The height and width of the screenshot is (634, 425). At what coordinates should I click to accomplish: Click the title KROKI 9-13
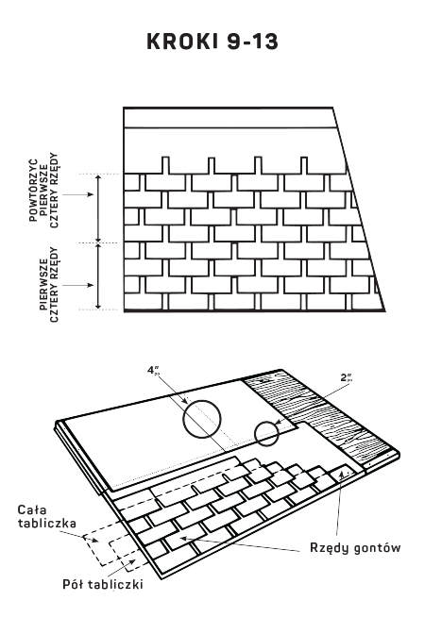pyautogui.click(x=212, y=42)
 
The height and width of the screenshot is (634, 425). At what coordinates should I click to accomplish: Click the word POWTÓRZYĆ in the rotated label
pyautogui.click(x=34, y=190)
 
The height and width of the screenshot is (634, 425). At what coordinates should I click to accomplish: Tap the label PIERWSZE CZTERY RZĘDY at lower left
pyautogui.click(x=49, y=285)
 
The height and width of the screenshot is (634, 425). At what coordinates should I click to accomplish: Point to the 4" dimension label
pyautogui.click(x=153, y=370)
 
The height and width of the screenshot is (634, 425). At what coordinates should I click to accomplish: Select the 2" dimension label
pyautogui.click(x=347, y=377)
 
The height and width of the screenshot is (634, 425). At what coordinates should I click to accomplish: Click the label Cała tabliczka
pyautogui.click(x=46, y=516)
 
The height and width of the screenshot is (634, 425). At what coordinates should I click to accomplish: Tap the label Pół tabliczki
pyautogui.click(x=103, y=584)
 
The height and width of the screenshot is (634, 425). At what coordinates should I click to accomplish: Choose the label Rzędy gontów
pyautogui.click(x=355, y=548)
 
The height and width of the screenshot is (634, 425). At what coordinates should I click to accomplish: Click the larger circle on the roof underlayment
pyautogui.click(x=183, y=419)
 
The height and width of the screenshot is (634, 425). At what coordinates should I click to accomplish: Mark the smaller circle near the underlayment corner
pyautogui.click(x=255, y=433)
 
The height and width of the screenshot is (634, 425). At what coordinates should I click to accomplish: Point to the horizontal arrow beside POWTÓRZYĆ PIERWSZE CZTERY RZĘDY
pyautogui.click(x=78, y=194)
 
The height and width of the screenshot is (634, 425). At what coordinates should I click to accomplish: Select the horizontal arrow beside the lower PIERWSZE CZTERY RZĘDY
pyautogui.click(x=78, y=285)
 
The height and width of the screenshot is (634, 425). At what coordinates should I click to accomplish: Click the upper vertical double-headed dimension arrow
pyautogui.click(x=98, y=209)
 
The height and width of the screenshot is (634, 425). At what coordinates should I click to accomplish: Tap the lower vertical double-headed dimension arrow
pyautogui.click(x=98, y=275)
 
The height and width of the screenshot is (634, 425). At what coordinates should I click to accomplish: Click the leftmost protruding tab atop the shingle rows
pyautogui.click(x=165, y=165)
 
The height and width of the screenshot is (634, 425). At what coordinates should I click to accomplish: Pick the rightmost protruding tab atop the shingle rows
pyautogui.click(x=304, y=165)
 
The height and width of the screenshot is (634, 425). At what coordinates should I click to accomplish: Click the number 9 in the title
pyautogui.click(x=233, y=42)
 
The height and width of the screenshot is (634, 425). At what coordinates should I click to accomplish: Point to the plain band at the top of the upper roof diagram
pyautogui.click(x=229, y=118)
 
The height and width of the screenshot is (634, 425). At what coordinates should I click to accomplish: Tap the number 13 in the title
pyautogui.click(x=266, y=42)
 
